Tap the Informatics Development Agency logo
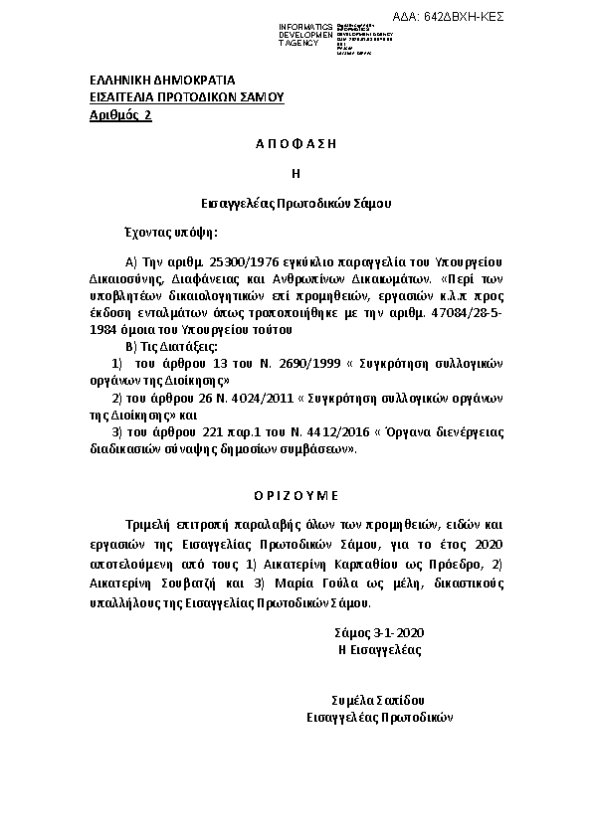(337, 35)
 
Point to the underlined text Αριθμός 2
(120, 115)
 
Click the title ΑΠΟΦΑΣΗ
(296, 143)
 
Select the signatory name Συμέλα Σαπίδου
(378, 700)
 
